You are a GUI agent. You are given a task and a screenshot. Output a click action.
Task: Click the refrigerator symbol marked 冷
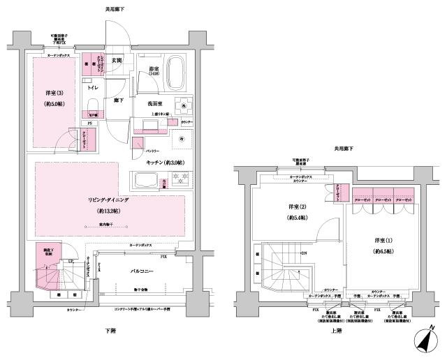[180, 139]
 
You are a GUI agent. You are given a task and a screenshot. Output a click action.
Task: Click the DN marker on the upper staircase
[304, 253]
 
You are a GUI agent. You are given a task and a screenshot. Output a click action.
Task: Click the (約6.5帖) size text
[384, 249]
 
